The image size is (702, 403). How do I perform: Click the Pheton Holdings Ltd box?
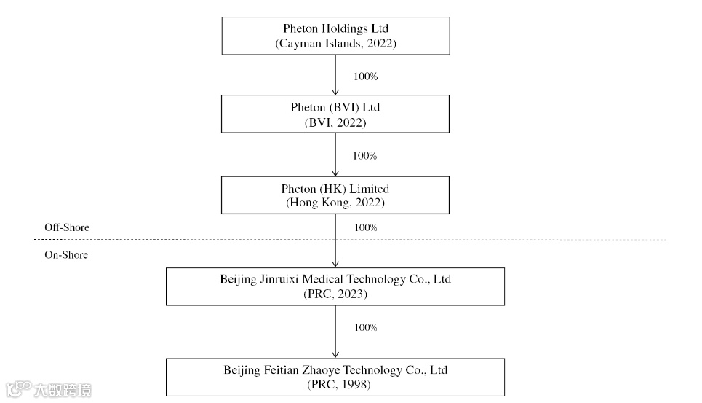[335, 36]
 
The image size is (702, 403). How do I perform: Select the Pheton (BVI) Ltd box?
[335, 114]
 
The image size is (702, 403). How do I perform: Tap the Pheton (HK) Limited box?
[335, 195]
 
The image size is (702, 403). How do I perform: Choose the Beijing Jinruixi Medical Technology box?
[335, 286]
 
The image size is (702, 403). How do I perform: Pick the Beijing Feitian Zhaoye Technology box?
[335, 377]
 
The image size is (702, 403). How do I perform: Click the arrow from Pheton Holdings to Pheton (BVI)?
[335, 75]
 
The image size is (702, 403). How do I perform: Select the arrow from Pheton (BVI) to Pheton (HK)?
[335, 154]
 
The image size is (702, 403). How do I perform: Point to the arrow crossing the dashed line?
[335, 240]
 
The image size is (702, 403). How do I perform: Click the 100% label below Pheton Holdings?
[364, 76]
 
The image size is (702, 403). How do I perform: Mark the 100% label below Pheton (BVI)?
[364, 156]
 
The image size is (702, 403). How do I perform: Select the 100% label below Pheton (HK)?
[365, 227]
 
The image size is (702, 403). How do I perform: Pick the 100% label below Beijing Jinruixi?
[365, 327]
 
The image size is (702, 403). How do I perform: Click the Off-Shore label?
[67, 227]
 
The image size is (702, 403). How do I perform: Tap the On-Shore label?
[66, 255]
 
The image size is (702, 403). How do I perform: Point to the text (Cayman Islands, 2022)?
[335, 44]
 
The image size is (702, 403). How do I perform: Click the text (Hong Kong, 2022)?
[335, 203]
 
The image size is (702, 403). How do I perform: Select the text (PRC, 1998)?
[335, 384]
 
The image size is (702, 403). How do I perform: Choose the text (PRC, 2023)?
[335, 294]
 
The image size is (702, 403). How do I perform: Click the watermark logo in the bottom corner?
[48, 390]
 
